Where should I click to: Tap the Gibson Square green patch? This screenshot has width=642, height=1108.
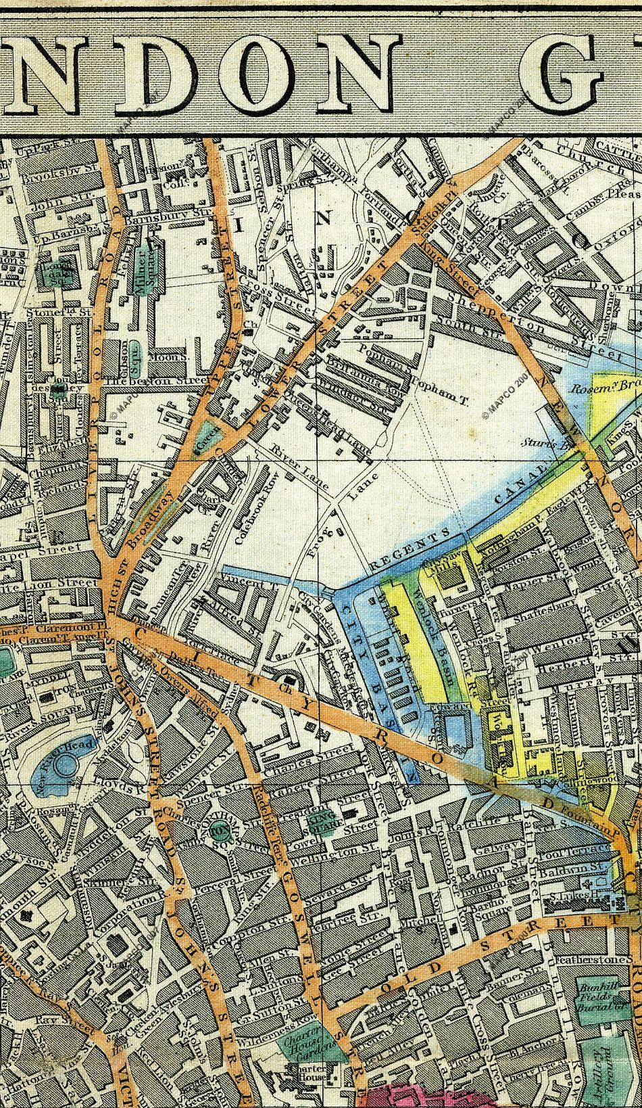(x=134, y=349)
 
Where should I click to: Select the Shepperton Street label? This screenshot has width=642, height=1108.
(x=508, y=313)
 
